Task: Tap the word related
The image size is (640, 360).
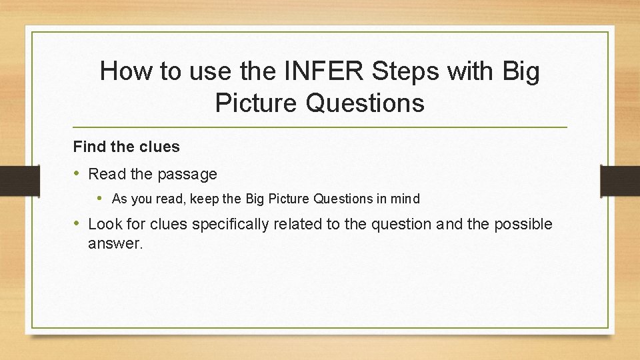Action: click(x=299, y=224)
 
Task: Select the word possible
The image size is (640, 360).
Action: click(x=523, y=224)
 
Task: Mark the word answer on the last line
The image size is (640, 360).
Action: click(x=115, y=244)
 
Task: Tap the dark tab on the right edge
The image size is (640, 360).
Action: click(x=620, y=180)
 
